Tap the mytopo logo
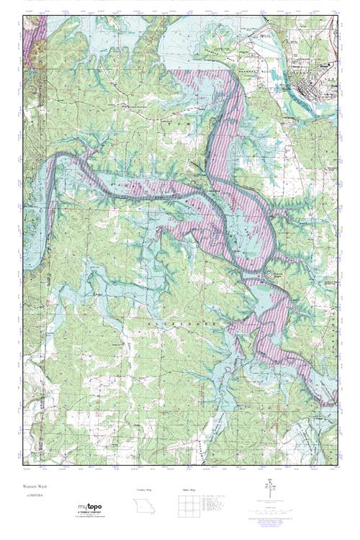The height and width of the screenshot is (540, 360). (x=89, y=506)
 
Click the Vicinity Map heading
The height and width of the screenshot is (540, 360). (x=145, y=489)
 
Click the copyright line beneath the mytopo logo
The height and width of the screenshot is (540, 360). (x=89, y=516)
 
